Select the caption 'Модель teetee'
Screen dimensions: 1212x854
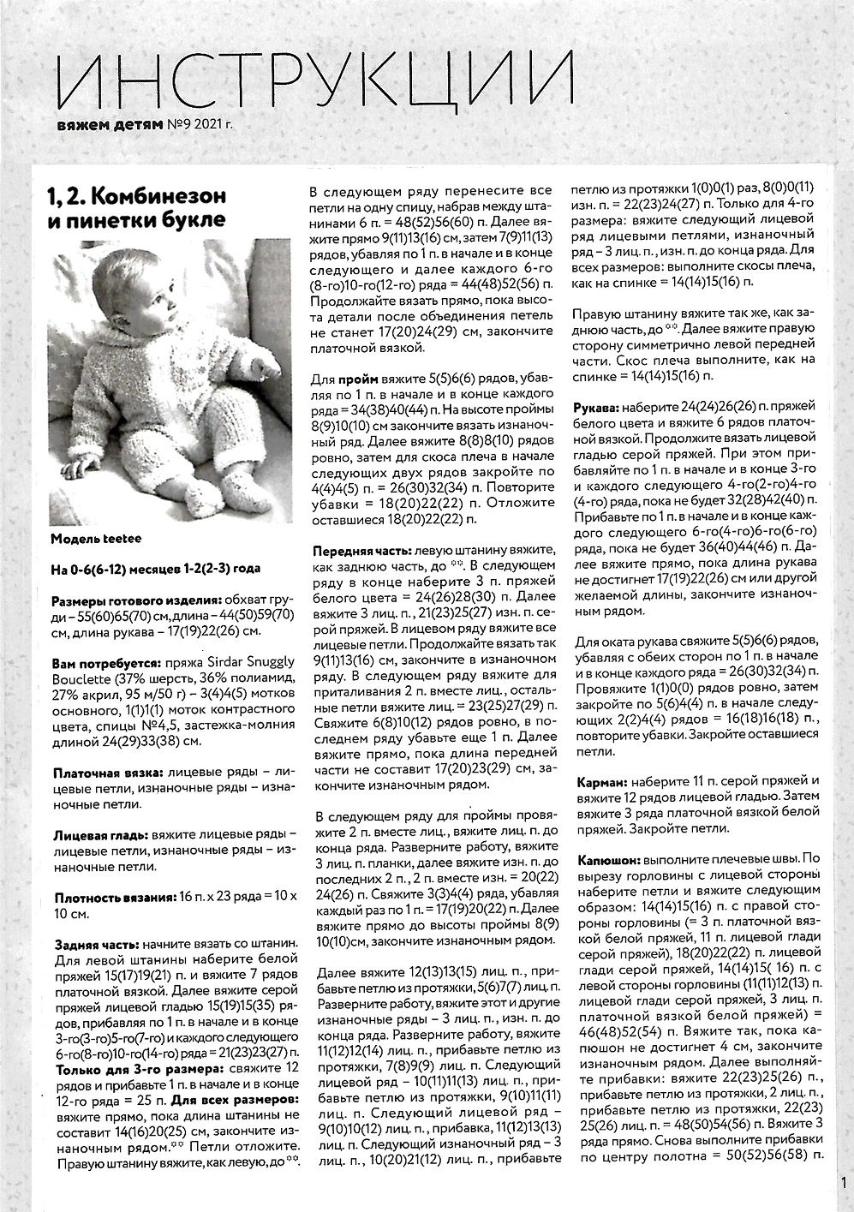96,539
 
